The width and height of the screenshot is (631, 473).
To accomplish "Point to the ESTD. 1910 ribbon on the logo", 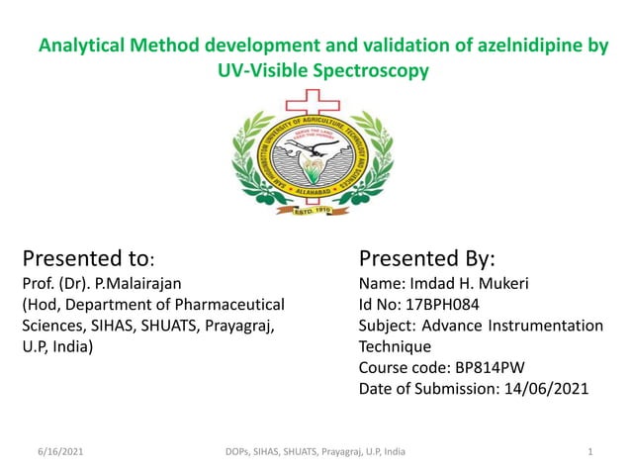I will pyautogui.click(x=315, y=210).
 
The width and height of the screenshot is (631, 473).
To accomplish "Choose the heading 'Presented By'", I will pyautogui.click(x=426, y=259).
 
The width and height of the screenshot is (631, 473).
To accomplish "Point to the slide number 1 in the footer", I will pyautogui.click(x=589, y=452).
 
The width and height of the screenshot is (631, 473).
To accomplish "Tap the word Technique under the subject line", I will pyautogui.click(x=395, y=346).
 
